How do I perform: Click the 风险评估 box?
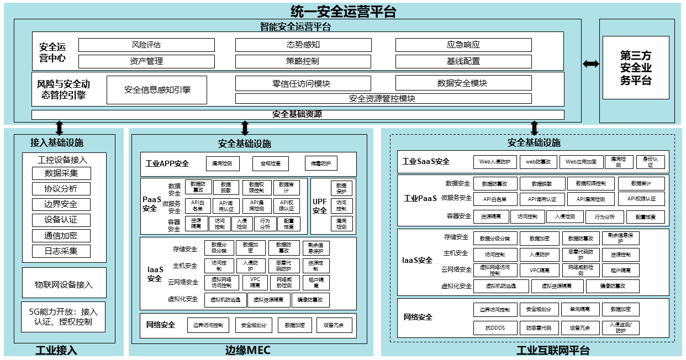point(146,45)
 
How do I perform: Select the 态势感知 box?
point(303,45)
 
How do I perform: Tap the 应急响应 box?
point(463,45)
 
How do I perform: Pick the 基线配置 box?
point(463,61)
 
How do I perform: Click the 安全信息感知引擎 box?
point(157,90)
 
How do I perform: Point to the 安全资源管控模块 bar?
point(383,99)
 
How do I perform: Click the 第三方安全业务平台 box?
point(635,68)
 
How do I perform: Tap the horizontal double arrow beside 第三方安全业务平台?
point(590,64)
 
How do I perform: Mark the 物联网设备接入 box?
point(64,285)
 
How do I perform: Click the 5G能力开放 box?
point(64,317)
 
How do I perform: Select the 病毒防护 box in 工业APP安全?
point(320,163)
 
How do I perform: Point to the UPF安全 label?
point(320,205)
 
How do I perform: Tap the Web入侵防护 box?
point(495,162)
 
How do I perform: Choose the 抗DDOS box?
point(495,327)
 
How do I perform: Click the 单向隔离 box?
point(579,309)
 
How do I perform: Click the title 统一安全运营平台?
point(343,10)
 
